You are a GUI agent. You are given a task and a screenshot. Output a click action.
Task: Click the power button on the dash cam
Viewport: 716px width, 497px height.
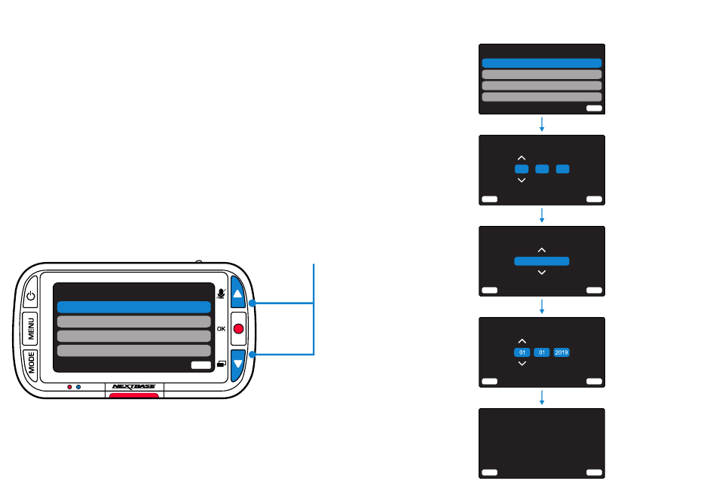31,295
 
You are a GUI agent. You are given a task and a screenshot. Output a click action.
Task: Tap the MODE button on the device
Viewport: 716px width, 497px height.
31,362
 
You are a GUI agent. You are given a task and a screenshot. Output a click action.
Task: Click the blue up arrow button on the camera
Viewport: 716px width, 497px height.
237,293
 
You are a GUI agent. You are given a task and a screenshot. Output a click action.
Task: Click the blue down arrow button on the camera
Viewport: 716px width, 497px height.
238,364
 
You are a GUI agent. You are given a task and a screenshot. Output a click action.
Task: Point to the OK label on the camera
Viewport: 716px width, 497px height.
221,328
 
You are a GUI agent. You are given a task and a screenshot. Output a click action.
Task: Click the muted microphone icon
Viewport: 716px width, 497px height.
221,294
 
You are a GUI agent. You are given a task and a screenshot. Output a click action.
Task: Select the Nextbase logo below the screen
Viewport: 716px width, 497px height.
134,386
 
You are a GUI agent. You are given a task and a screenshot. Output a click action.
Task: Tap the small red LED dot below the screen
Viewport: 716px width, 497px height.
69,387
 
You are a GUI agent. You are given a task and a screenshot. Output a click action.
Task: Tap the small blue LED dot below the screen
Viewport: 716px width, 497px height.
78,387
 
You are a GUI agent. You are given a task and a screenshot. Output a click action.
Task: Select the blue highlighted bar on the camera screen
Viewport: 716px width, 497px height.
134,306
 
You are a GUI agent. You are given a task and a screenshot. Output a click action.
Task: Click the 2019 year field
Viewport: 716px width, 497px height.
561,352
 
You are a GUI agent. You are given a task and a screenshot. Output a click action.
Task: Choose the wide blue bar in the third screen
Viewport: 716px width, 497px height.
542,261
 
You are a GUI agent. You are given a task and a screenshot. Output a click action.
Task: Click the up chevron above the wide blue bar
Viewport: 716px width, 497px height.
542,250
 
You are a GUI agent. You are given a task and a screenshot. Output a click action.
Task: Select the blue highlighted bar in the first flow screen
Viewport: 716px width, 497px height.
542,63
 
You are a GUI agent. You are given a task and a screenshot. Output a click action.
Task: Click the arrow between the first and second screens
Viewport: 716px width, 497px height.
542,124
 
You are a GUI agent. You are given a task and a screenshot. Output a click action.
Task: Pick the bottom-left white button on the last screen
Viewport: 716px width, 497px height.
489,472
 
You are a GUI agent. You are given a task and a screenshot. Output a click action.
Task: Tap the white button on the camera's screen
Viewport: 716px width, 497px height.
201,365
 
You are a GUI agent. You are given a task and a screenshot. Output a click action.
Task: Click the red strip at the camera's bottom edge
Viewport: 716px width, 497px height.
134,395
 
